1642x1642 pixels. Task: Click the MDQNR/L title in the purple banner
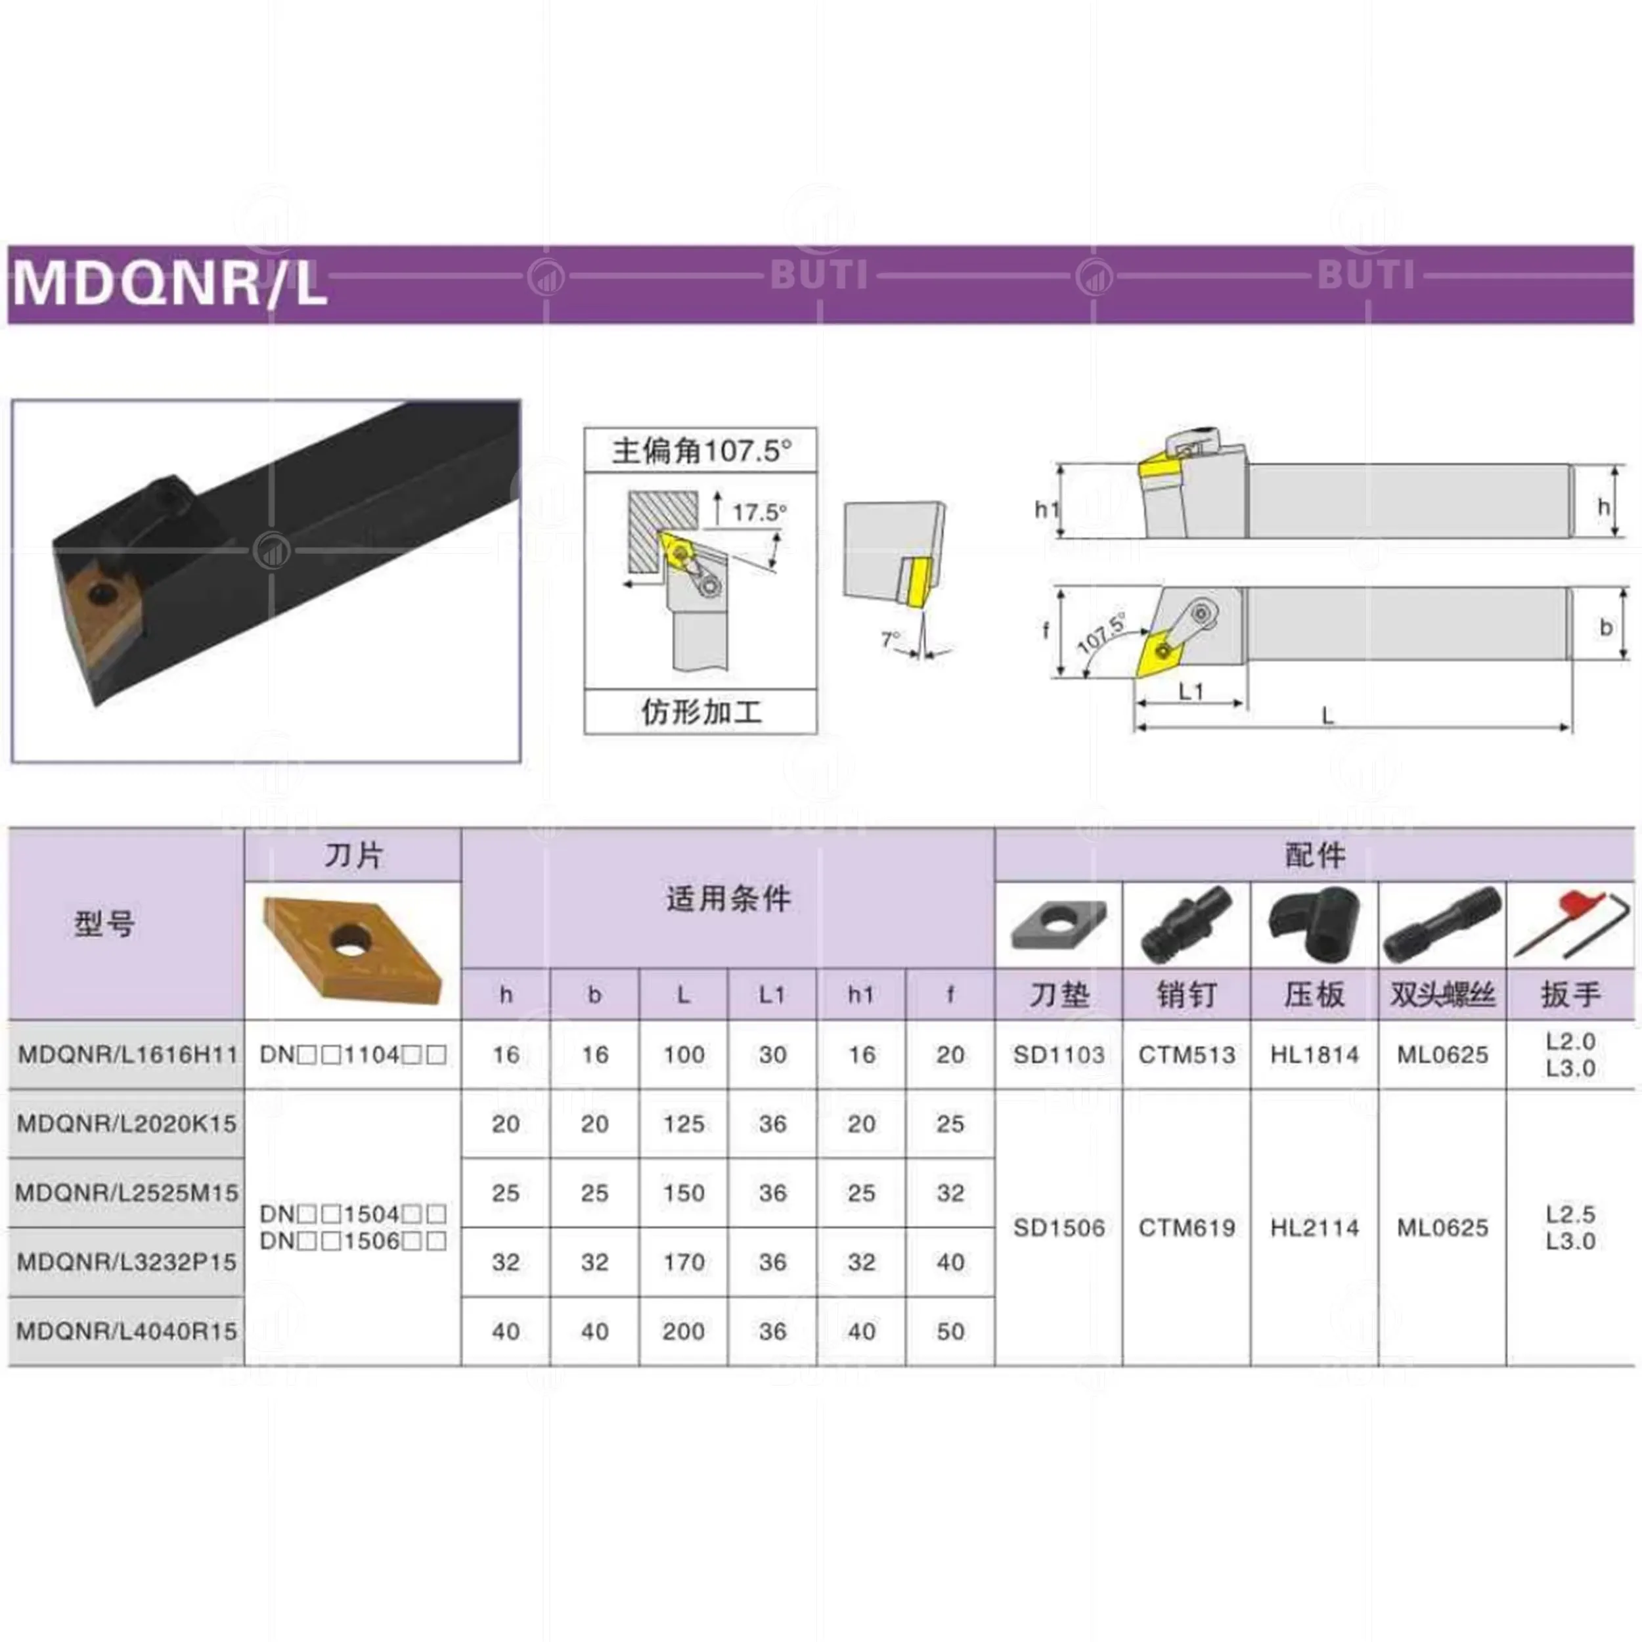[170, 284]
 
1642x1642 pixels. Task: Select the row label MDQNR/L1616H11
[127, 1055]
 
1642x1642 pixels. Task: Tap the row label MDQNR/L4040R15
[127, 1331]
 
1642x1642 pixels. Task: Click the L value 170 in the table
[683, 1262]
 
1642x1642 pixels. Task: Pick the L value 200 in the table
[683, 1331]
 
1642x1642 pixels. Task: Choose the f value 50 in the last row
[950, 1331]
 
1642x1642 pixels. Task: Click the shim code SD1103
[1058, 1055]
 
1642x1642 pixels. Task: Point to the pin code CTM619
[1186, 1228]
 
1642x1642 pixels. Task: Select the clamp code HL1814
[1314, 1055]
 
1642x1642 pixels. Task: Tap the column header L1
[772, 994]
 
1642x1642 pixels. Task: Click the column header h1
[861, 994]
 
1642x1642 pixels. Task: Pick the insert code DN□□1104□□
[353, 1055]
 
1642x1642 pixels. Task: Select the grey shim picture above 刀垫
[1058, 924]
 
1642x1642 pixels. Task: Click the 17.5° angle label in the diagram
[759, 512]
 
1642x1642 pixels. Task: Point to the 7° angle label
[890, 638]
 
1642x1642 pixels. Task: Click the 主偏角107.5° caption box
[700, 451]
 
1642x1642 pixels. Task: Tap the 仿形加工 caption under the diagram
[700, 711]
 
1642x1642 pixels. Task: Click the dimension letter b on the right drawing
[1605, 627]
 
